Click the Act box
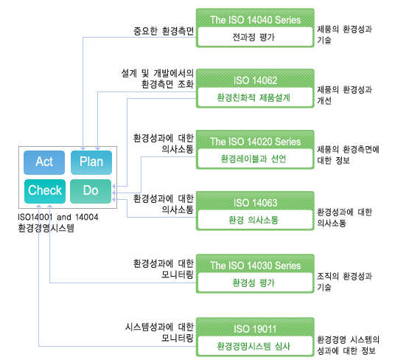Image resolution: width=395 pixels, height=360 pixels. pyautogui.click(x=44, y=162)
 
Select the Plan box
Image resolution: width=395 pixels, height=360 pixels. pyautogui.click(x=91, y=162)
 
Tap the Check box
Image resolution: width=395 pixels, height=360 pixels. pyautogui.click(x=45, y=191)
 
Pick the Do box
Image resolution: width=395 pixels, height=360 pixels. pyautogui.click(x=91, y=191)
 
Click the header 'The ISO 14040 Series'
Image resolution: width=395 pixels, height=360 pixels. pyautogui.click(x=255, y=20)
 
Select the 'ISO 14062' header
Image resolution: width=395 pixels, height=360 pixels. pyautogui.click(x=255, y=80)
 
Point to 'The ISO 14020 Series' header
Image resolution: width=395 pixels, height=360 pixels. pyautogui.click(x=255, y=142)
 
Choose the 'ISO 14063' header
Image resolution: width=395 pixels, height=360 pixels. pyautogui.click(x=255, y=203)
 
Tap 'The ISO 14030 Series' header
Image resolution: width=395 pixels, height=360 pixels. pyautogui.click(x=255, y=266)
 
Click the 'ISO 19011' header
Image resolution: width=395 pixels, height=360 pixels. pyautogui.click(x=255, y=329)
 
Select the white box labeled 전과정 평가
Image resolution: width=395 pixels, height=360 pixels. pyautogui.click(x=255, y=37)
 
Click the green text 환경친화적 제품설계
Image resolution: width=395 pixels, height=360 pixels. pyautogui.click(x=254, y=97)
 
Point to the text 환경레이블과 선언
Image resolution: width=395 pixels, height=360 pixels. pyautogui.click(x=254, y=159)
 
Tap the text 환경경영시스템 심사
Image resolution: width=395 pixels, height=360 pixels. pyautogui.click(x=254, y=346)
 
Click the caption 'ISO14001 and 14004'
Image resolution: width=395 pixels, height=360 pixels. pyautogui.click(x=58, y=217)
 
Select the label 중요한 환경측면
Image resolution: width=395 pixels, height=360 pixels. pyautogui.click(x=164, y=31)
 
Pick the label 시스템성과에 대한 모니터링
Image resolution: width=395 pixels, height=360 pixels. pyautogui.click(x=159, y=332)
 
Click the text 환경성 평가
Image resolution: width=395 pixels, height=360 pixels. pyautogui.click(x=254, y=283)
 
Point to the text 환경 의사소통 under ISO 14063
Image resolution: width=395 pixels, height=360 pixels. pyautogui.click(x=254, y=220)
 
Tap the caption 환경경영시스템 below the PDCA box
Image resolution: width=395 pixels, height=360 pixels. pyautogui.click(x=46, y=228)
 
